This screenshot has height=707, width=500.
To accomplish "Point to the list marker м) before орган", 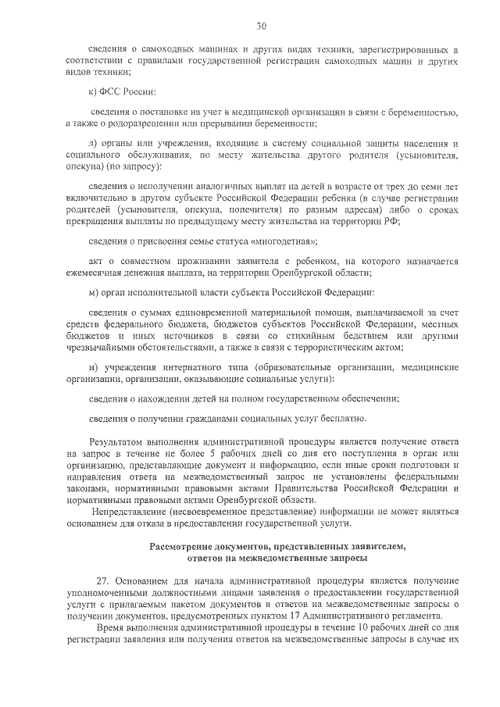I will click(94, 293).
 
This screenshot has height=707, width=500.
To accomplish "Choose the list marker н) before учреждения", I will click(93, 366).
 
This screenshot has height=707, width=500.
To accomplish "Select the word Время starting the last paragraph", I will click(109, 627).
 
